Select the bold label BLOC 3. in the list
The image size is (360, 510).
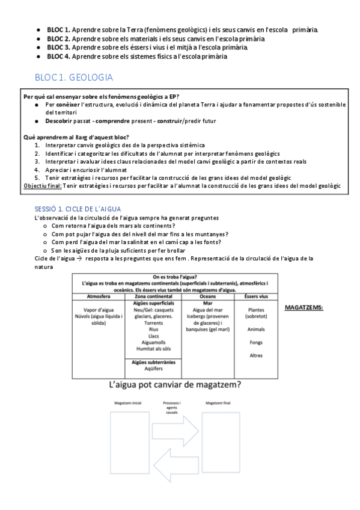click(59, 47)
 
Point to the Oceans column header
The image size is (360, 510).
click(207, 296)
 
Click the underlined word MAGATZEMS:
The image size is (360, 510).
click(304, 307)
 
